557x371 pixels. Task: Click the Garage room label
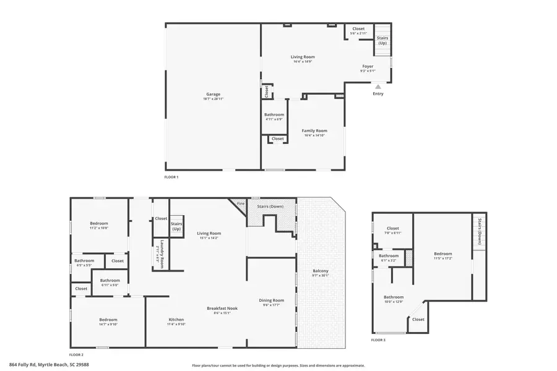(213, 95)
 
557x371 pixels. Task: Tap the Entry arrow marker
(378, 87)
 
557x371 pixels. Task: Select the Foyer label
(368, 66)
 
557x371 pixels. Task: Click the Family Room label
(314, 130)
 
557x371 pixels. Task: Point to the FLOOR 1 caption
(171, 177)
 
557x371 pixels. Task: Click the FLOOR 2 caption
(76, 355)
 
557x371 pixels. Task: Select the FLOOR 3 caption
(378, 340)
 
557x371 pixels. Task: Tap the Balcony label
(320, 271)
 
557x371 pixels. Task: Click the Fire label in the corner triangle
(241, 203)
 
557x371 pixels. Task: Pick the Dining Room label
(271, 301)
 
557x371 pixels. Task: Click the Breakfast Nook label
(222, 308)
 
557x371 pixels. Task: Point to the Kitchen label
(176, 320)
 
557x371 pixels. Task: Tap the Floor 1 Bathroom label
(274, 114)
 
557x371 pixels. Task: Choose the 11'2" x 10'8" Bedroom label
(99, 223)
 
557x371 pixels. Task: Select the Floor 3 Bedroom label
(443, 254)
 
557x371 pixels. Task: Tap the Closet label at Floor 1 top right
(358, 28)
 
